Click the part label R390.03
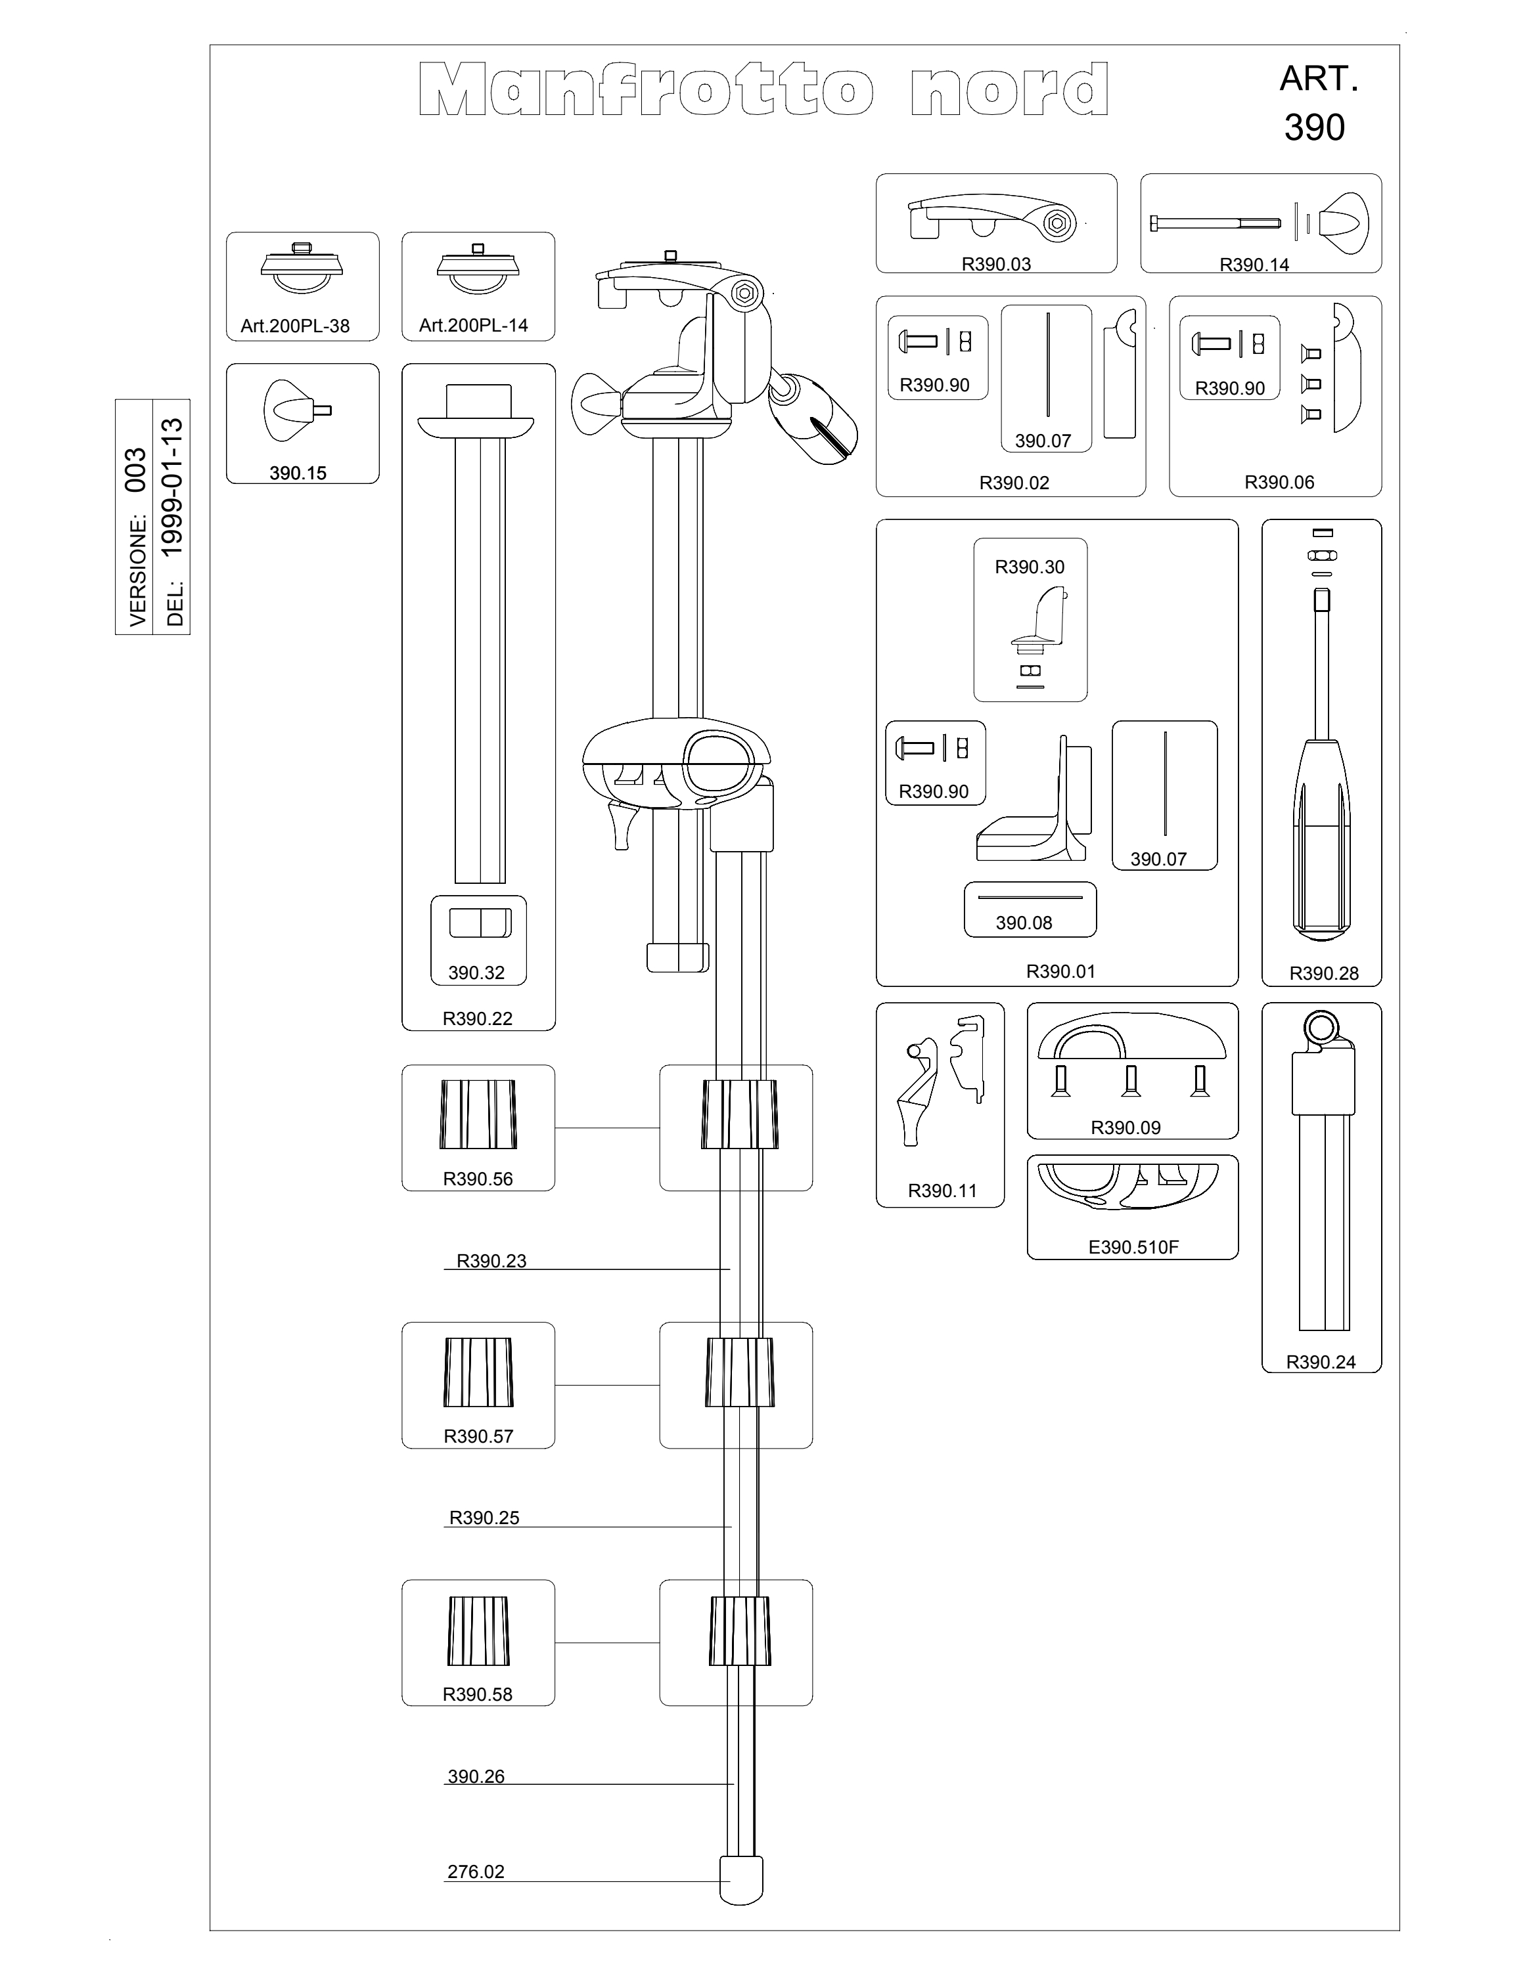tap(996, 264)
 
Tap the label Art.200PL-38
tap(295, 326)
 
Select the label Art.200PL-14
tap(474, 326)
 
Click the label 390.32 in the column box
tap(476, 973)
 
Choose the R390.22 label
tap(477, 1019)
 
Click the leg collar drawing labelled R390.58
tap(478, 1632)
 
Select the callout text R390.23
tap(491, 1261)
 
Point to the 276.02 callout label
tap(476, 1871)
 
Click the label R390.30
tap(1030, 567)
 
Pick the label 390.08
tap(1024, 923)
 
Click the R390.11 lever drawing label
tap(942, 1191)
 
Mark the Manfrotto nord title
tap(763, 89)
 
